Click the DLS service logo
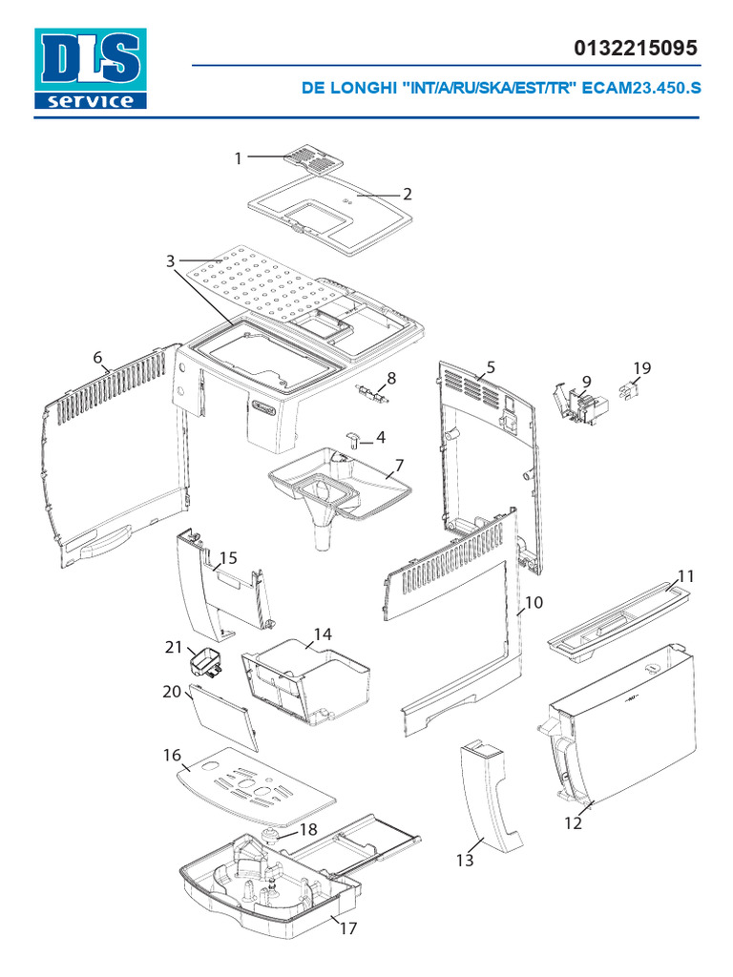tap(91, 69)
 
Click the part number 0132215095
tap(635, 48)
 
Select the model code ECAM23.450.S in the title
tap(641, 88)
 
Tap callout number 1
tap(239, 158)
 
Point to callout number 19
tap(642, 367)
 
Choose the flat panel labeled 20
tap(224, 716)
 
